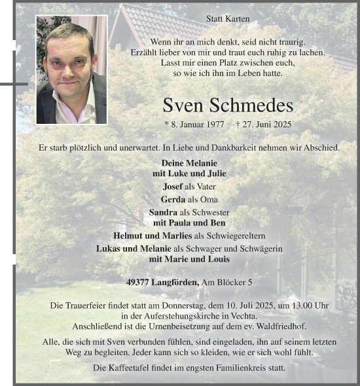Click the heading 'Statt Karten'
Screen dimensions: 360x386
pos(228,19)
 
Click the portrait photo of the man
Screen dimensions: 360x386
pos(71,70)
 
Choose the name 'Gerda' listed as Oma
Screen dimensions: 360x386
pos(173,199)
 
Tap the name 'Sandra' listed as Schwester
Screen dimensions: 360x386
pos(163,212)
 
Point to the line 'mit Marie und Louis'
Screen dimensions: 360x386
pos(189,259)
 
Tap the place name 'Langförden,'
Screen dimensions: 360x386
pos(176,282)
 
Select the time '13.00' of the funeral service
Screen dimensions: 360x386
pos(302,306)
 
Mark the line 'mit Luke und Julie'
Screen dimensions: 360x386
pos(189,173)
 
